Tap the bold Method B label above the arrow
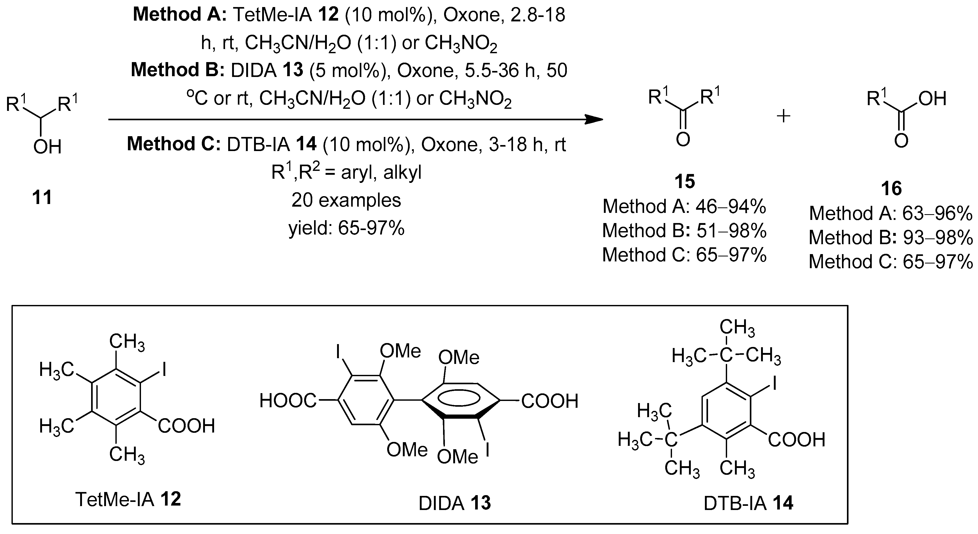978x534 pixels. click(x=178, y=70)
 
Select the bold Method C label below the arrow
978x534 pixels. click(x=174, y=144)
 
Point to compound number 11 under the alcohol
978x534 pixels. click(x=42, y=197)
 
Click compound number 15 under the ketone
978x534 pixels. click(x=685, y=181)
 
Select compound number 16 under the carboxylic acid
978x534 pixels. click(x=891, y=189)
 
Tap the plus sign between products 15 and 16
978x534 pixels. click(x=783, y=116)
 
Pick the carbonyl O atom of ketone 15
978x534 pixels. click(x=683, y=140)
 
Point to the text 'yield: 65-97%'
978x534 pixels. click(x=346, y=228)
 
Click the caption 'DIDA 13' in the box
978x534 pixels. click(x=455, y=503)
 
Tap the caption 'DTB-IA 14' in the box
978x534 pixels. click(x=748, y=503)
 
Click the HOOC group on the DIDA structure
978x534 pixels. click(x=287, y=401)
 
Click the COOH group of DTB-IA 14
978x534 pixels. click(x=797, y=440)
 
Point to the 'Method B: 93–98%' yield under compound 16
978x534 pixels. click(x=891, y=238)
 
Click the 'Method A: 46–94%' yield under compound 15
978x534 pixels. click(x=684, y=207)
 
